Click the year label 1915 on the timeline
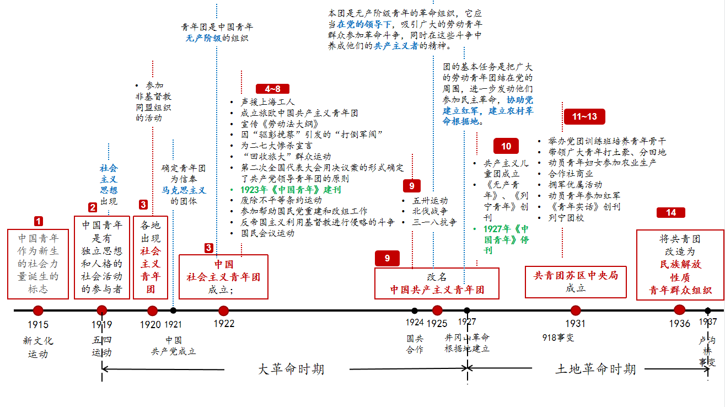coord(38,324)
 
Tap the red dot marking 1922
coord(223,310)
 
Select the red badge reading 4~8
coord(272,88)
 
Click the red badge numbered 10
coord(506,146)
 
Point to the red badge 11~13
coord(584,117)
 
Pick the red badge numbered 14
coord(670,213)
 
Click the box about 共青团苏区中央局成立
coord(576,281)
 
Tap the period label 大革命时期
coord(291,369)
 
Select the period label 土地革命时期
coord(595,369)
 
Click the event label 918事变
coord(558,338)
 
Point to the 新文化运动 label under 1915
coord(38,347)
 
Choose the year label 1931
coord(575,324)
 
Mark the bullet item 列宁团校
coord(566,218)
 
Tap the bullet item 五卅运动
coord(431,201)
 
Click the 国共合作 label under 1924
coord(415,344)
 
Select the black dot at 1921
coord(173,310)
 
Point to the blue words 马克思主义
coord(184,190)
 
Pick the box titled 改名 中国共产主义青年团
coord(437,283)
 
